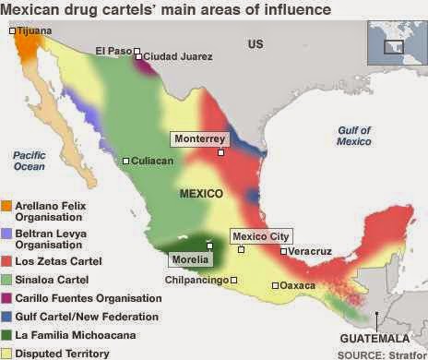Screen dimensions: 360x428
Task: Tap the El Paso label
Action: pos(113,51)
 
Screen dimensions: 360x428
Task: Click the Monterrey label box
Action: pos(198,138)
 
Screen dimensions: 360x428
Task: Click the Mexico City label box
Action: pos(261,236)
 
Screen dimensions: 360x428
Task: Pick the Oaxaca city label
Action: pos(299,285)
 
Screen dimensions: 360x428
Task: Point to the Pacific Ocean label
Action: pos(30,161)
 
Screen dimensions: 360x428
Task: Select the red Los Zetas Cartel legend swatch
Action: pos(6,260)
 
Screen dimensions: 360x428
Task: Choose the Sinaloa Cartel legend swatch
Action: pos(6,280)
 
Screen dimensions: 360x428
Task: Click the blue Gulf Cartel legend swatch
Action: pos(6,317)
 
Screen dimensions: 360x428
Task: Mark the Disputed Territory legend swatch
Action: pos(6,354)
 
